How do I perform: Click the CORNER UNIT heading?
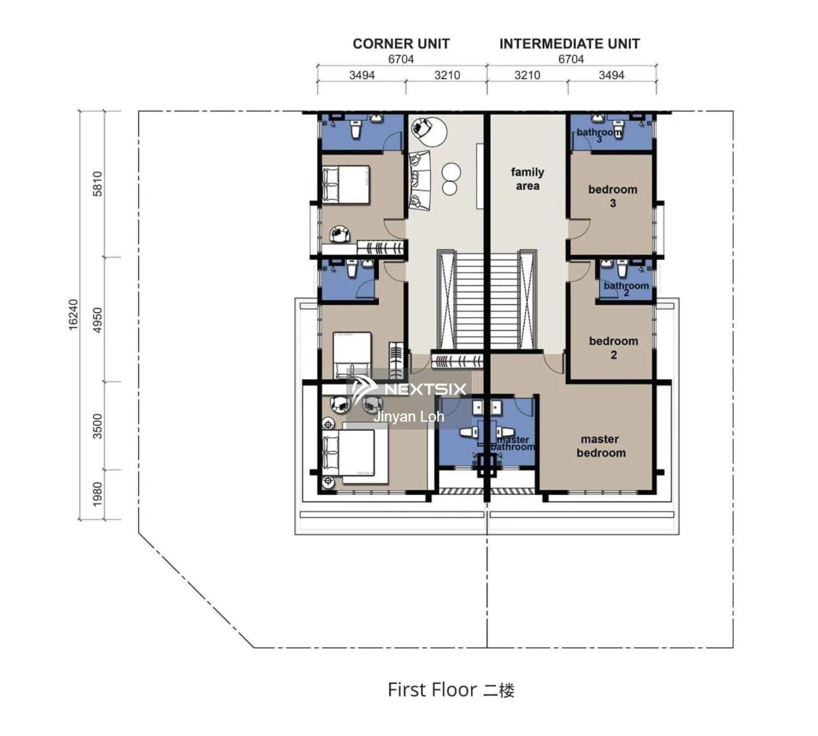point(401,44)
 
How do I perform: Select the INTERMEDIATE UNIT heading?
point(569,44)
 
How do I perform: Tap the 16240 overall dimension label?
point(73,314)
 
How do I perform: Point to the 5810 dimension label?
point(97,184)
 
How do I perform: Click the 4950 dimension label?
point(97,320)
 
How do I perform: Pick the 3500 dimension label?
point(97,426)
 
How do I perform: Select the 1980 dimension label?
point(97,494)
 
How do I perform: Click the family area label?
point(527,179)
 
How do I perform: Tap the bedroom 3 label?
point(612,196)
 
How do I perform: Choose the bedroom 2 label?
point(613,348)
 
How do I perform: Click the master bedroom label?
point(600,446)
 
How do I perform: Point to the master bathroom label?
point(513,443)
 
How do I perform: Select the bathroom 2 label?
point(626,288)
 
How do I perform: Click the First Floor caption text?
point(450,690)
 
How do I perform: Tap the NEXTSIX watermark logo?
point(409,388)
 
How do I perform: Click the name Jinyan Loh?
point(408,417)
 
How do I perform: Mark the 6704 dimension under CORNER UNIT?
point(401,59)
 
